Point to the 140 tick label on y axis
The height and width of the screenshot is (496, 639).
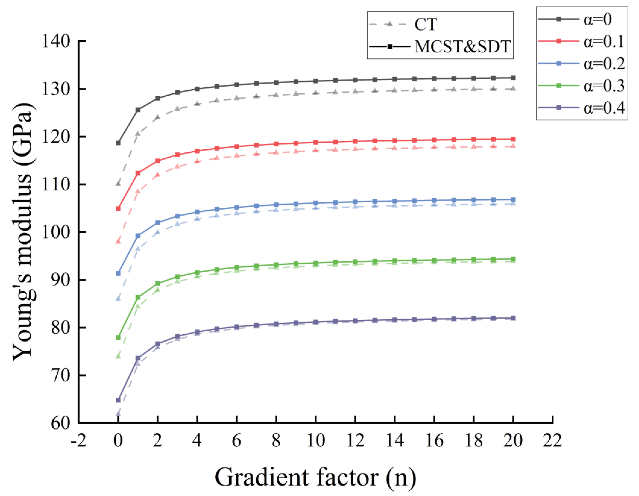[x=56, y=41]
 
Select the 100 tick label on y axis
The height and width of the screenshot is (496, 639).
[x=56, y=232]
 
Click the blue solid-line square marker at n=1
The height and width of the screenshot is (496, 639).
[x=138, y=236]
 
